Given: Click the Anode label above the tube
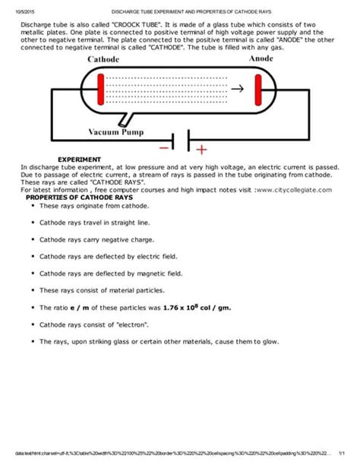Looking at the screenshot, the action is [261, 59].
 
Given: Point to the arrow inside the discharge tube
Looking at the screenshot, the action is [238, 87].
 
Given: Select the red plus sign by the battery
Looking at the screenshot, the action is [201, 148].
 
